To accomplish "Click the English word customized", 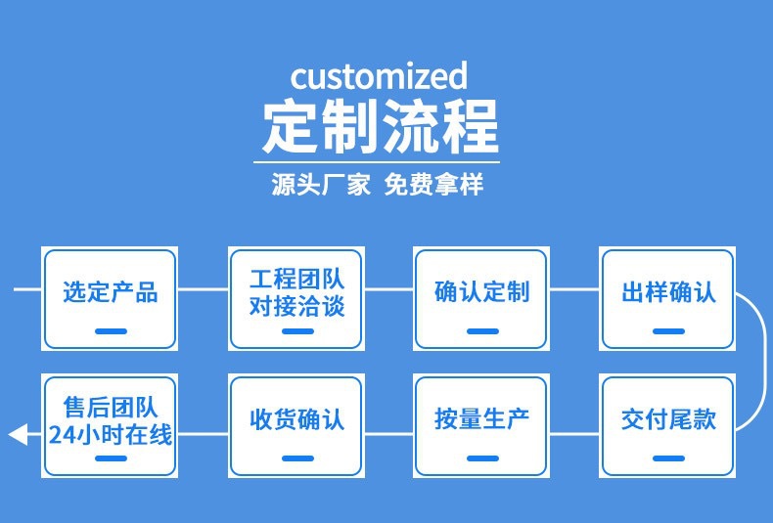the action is [x=379, y=76].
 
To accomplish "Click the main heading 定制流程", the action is [x=381, y=126].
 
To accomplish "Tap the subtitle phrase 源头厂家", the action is [x=320, y=184].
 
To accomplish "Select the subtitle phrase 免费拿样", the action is [x=433, y=184].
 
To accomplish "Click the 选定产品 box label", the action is [x=110, y=291].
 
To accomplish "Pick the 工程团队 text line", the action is [x=296, y=279].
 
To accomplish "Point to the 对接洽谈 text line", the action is [x=296, y=306].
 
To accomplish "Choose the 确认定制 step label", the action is [x=481, y=291].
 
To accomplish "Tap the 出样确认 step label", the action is [x=668, y=291].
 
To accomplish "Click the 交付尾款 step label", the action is [x=668, y=419].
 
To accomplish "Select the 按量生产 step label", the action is [x=481, y=419].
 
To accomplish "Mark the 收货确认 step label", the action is [x=296, y=419].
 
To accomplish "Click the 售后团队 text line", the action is [x=110, y=407].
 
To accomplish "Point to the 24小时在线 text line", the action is [x=110, y=434].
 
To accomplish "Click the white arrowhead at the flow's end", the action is [x=18, y=434].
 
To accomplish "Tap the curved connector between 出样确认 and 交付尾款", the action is [x=765, y=362].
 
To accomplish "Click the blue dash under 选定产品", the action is [x=111, y=331].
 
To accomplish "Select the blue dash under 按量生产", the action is [x=482, y=458].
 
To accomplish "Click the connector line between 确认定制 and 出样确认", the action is [x=573, y=289].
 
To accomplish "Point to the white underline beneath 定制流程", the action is [x=377, y=161].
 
